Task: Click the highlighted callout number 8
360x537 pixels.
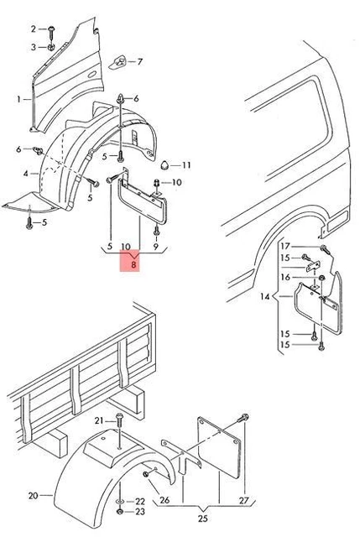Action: [133, 264]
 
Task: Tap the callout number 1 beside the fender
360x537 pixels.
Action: [18, 99]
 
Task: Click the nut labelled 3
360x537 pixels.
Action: [51, 47]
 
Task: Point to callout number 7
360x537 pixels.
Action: [139, 62]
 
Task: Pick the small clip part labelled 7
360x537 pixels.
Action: [117, 62]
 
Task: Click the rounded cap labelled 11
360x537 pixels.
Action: [165, 165]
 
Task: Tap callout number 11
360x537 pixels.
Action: [186, 165]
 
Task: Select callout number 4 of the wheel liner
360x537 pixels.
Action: [26, 174]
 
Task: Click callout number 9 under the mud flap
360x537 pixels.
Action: [156, 246]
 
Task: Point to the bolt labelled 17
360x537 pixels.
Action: [325, 250]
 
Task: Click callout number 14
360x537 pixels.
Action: [265, 296]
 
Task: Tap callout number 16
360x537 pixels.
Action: [285, 277]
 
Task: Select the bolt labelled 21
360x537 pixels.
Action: [119, 420]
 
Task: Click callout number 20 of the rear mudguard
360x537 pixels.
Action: [34, 495]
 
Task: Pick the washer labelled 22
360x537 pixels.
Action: [120, 502]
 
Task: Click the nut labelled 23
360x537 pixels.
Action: [120, 512]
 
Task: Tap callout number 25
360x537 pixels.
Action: [203, 519]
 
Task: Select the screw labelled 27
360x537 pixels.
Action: [243, 418]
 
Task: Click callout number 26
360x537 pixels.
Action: [164, 500]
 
